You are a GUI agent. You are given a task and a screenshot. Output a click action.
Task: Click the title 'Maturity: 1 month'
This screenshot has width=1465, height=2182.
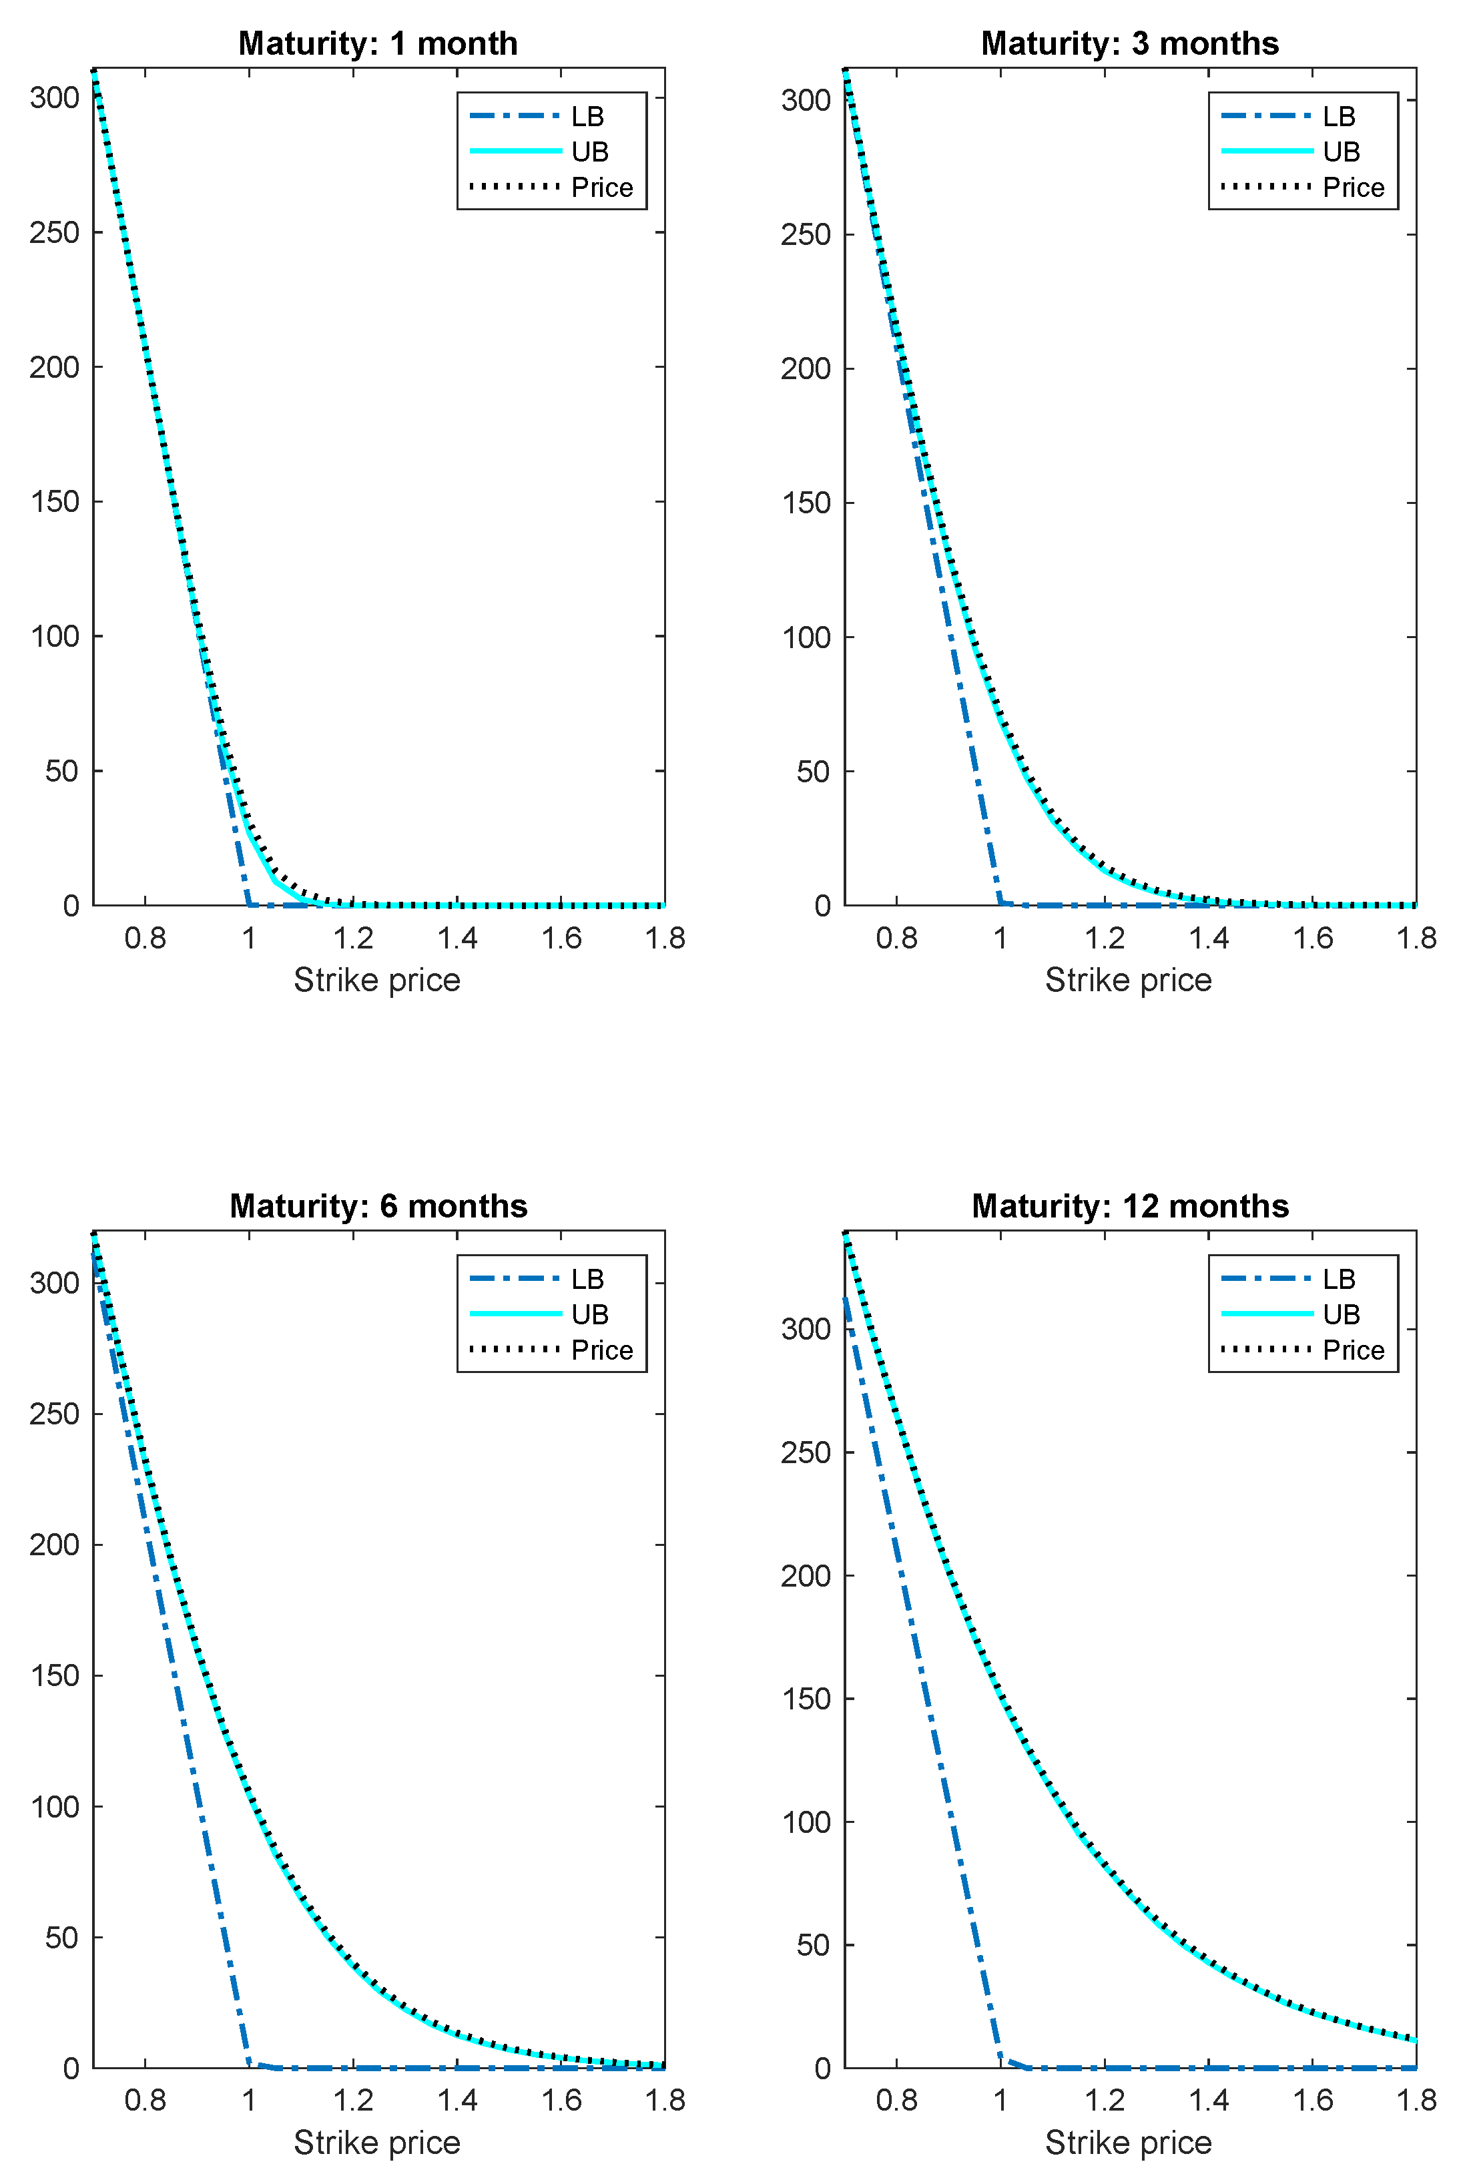(378, 43)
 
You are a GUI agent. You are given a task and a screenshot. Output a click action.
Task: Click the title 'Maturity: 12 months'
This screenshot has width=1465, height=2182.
(1129, 1205)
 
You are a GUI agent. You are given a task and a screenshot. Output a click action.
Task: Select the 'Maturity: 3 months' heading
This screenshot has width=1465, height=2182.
(1129, 43)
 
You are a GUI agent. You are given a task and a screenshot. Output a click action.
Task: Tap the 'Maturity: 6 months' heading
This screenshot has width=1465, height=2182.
(378, 1205)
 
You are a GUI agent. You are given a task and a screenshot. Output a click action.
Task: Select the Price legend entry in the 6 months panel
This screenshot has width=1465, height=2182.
(602, 1350)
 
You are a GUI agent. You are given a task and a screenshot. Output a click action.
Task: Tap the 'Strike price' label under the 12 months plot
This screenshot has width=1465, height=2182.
(1128, 2142)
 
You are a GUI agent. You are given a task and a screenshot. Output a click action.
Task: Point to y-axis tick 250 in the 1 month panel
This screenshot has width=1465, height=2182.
(54, 232)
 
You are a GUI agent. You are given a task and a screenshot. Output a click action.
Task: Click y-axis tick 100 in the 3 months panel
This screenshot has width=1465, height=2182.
(806, 637)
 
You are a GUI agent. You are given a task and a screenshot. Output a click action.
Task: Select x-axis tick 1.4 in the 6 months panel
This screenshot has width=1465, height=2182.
(457, 2100)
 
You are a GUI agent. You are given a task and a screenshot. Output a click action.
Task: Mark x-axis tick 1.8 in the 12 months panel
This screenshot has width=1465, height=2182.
(1416, 2100)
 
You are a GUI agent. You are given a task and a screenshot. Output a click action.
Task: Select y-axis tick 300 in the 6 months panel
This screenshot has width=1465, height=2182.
(54, 1283)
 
